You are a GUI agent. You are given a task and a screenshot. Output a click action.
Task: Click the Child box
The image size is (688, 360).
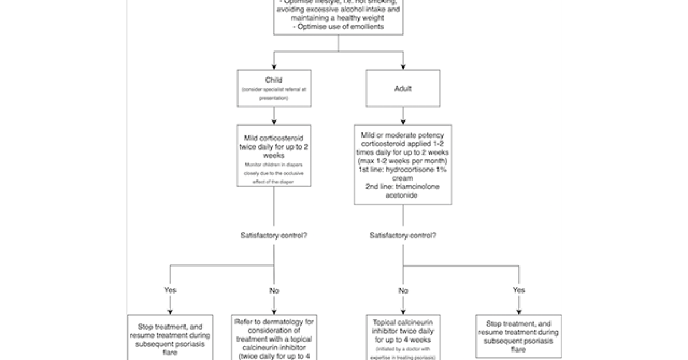[x=274, y=88]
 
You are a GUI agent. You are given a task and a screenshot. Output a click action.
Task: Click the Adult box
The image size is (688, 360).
[x=403, y=89]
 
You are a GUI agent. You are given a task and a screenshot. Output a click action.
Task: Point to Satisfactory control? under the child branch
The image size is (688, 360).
[x=274, y=235]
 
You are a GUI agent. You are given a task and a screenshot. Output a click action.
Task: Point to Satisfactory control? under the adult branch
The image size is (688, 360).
[x=403, y=235]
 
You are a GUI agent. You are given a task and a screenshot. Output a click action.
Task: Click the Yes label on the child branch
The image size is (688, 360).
[x=170, y=290]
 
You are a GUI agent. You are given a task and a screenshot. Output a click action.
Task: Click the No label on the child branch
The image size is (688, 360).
[x=274, y=291]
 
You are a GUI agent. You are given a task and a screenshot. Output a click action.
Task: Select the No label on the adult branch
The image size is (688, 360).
[x=403, y=291]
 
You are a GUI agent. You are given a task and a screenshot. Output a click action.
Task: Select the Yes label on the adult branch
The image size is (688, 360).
[x=518, y=290]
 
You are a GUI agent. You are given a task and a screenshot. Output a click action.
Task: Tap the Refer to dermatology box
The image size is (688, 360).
[x=274, y=338]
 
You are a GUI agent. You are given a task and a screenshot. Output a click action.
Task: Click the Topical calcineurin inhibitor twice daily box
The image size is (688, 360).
[x=403, y=338]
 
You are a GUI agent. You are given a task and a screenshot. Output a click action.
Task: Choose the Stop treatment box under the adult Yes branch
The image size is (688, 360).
[x=518, y=336]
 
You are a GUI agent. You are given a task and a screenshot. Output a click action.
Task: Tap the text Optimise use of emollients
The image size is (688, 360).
[x=338, y=26]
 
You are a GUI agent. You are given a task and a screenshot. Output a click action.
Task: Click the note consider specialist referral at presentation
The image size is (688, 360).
[x=274, y=94]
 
